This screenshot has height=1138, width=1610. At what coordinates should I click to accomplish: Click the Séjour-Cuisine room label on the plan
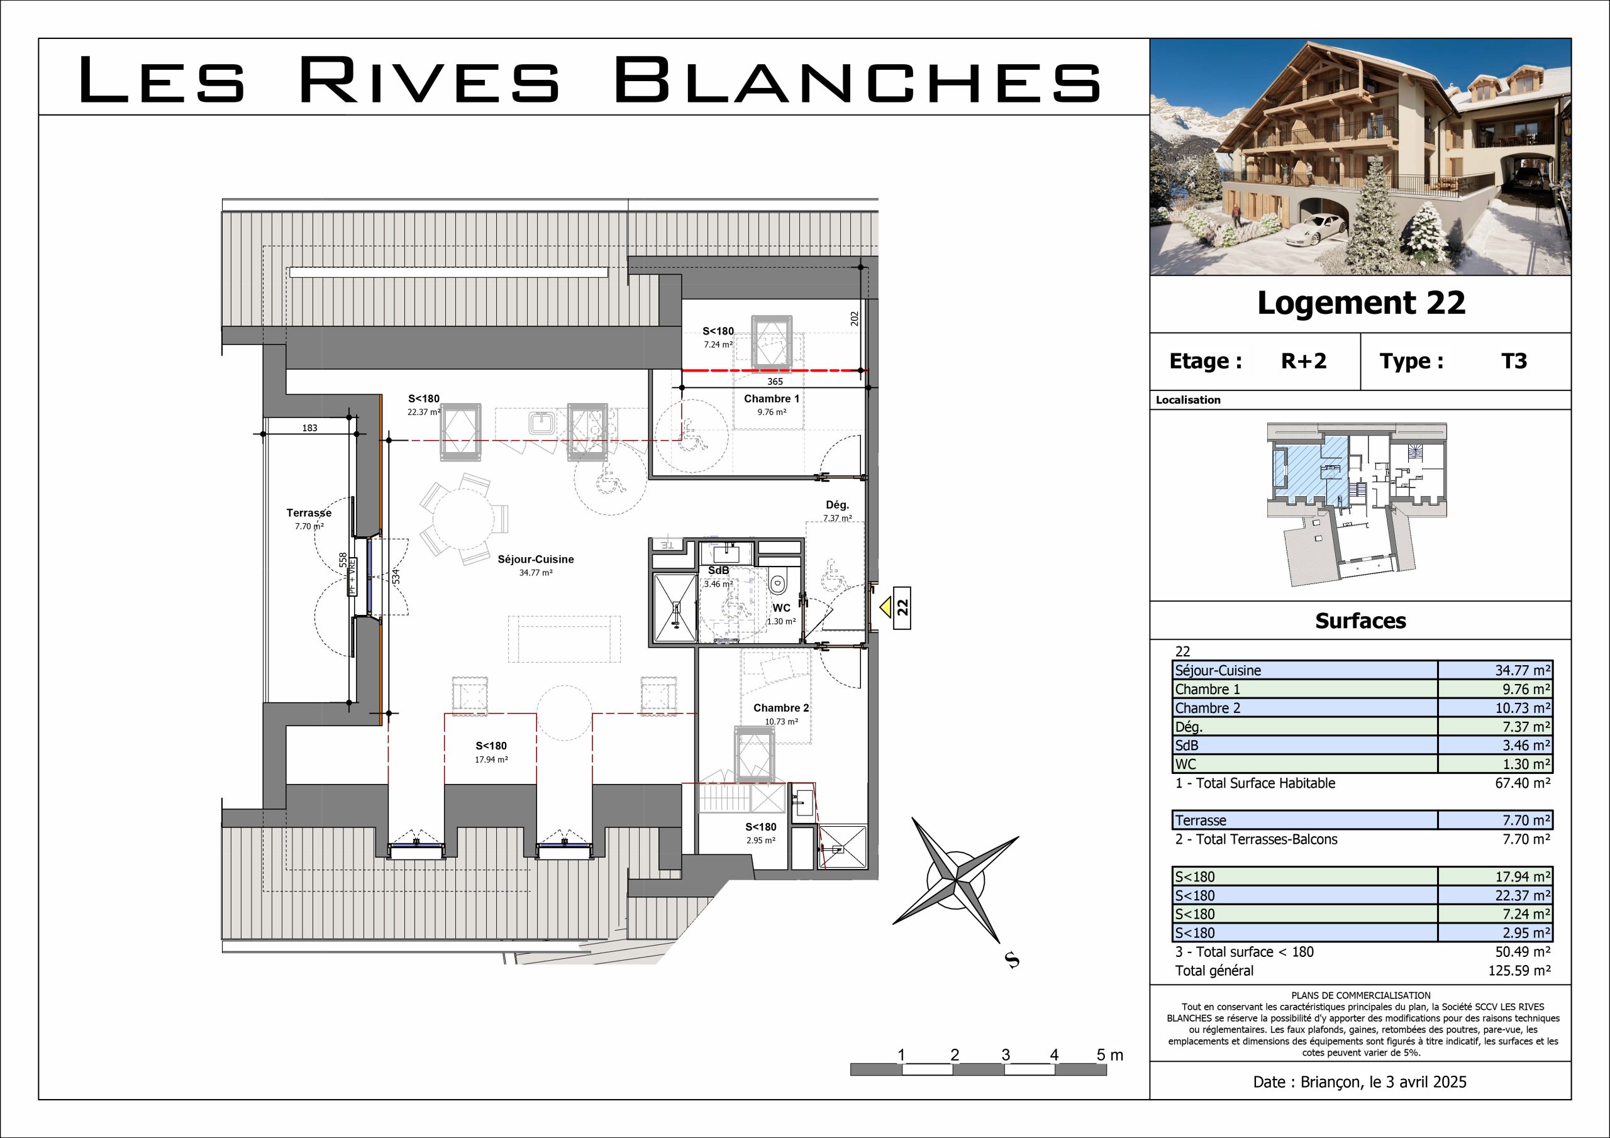pyautogui.click(x=536, y=560)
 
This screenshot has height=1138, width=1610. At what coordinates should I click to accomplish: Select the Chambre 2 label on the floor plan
pyautogui.click(x=781, y=708)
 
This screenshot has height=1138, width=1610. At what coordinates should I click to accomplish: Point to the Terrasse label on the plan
pyautogui.click(x=309, y=513)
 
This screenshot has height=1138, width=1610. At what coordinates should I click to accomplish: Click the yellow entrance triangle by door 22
pyautogui.click(x=885, y=606)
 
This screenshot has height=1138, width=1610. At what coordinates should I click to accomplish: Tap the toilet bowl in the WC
pyautogui.click(x=777, y=583)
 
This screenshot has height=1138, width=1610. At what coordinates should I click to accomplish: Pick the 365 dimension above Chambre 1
pyautogui.click(x=775, y=382)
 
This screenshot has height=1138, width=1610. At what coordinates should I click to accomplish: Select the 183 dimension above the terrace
pyautogui.click(x=310, y=428)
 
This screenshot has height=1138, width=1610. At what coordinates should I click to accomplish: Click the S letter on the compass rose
pyautogui.click(x=1012, y=960)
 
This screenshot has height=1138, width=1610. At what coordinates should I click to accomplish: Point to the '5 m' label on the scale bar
pyautogui.click(x=1110, y=1055)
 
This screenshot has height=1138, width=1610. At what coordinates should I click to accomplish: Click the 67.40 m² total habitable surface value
pyautogui.click(x=1523, y=783)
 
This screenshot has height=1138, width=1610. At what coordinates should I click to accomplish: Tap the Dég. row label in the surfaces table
pyautogui.click(x=1189, y=727)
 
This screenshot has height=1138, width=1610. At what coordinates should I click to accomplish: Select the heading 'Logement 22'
pyautogui.click(x=1361, y=303)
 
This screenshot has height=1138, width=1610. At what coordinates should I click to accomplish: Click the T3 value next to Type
pyautogui.click(x=1514, y=361)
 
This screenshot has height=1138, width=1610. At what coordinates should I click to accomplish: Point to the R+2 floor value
pyautogui.click(x=1304, y=361)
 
